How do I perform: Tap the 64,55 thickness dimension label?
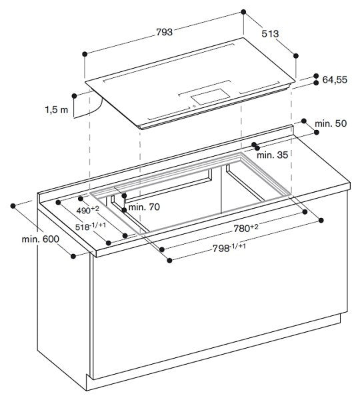point(335,79)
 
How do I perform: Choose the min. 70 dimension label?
point(144,207)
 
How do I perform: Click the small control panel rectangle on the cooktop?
point(207,98)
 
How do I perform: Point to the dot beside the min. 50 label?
point(303,122)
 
